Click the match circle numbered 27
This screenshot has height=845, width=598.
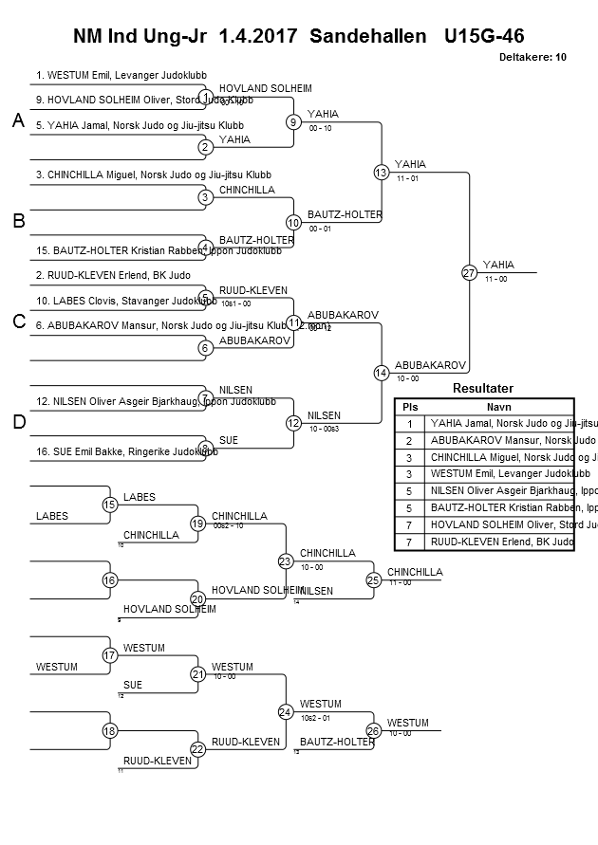click(x=469, y=272)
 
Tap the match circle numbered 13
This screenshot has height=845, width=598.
click(x=381, y=172)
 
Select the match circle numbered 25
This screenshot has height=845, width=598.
click(x=374, y=579)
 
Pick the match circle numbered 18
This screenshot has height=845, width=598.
click(x=110, y=731)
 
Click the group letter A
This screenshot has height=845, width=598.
click(x=17, y=120)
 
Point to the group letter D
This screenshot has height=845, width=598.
click(x=17, y=422)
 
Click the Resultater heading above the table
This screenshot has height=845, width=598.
click(x=483, y=388)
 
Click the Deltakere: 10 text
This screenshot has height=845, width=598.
click(x=532, y=57)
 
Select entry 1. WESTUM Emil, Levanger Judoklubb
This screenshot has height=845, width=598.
click(x=121, y=75)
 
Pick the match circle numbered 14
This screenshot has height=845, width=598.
click(x=381, y=373)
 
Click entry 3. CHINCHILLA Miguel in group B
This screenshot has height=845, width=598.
click(x=153, y=175)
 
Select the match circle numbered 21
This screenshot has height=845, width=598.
click(x=197, y=674)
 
